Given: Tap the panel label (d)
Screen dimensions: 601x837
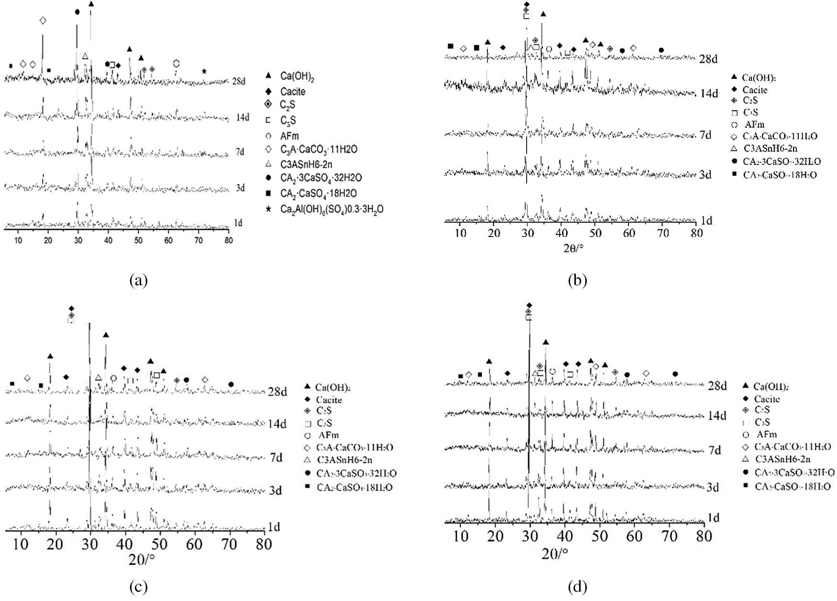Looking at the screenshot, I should [577, 586].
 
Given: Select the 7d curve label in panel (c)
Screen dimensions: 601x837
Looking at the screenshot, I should [276, 457].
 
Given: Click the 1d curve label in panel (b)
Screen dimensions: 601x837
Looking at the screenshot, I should [706, 221].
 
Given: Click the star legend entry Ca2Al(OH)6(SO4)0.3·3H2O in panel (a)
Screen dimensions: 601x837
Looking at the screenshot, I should [332, 209].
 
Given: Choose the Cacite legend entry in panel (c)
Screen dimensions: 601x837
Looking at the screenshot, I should [329, 399].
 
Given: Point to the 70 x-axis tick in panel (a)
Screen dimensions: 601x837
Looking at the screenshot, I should [198, 241].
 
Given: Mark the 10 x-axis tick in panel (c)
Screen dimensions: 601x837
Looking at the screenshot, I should [22, 544].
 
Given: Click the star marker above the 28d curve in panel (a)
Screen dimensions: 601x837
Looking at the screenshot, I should [204, 71].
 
